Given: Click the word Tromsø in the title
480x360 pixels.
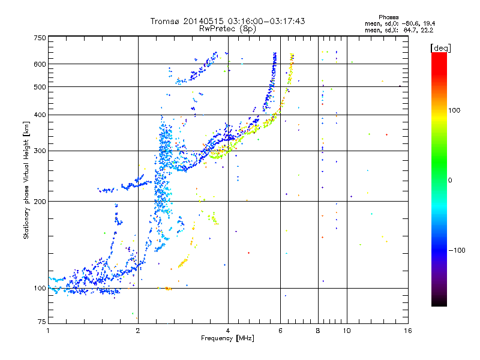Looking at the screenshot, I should point(165,22).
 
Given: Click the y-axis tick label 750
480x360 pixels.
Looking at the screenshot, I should point(40,37).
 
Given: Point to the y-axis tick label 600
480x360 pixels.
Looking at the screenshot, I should point(40,64).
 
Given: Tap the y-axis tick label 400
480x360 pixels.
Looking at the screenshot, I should point(40,115).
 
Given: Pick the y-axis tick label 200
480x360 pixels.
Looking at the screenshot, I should point(40,201).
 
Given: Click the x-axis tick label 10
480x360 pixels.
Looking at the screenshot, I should point(346,331).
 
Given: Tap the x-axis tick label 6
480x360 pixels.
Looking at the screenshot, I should point(280,331).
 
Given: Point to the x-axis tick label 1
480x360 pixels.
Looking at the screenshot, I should point(48,331).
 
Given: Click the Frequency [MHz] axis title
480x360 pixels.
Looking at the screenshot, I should point(227,339).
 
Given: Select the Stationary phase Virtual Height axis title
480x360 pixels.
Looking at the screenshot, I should point(26,180).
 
